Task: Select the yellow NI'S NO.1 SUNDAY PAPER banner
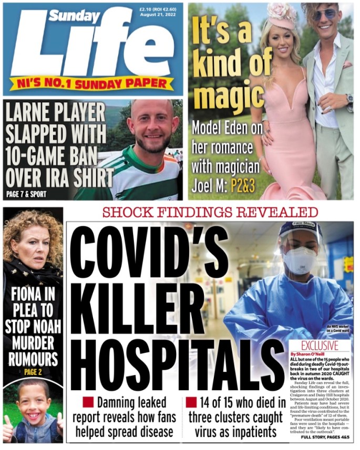coord(92,83)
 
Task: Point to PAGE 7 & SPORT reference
coord(26,194)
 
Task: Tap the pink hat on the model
coord(282,16)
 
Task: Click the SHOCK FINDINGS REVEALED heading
coord(210,212)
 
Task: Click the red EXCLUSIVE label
coord(320,346)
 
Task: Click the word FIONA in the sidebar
coord(25,296)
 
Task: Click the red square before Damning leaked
coord(88,403)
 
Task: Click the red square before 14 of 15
coord(191,403)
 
